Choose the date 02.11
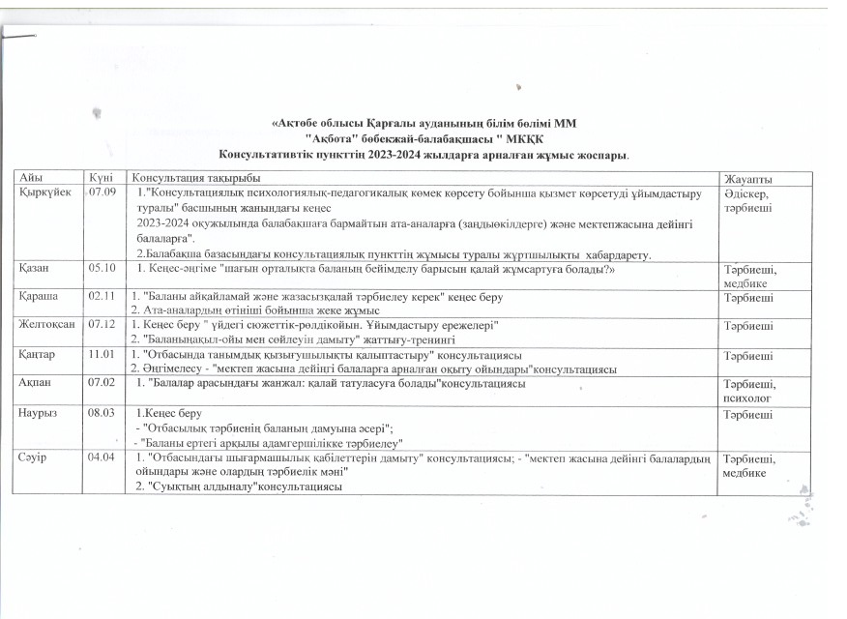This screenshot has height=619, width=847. [102, 295]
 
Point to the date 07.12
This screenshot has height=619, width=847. [102, 325]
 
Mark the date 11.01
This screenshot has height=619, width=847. [102, 355]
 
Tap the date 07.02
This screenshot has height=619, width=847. [102, 384]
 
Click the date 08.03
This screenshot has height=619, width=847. [102, 412]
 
